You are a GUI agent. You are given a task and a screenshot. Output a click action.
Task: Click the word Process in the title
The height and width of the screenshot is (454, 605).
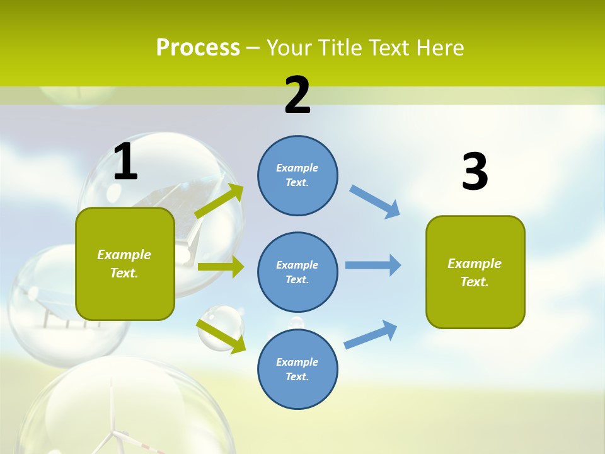click(198, 48)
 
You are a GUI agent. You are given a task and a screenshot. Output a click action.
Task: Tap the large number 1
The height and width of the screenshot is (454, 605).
click(125, 162)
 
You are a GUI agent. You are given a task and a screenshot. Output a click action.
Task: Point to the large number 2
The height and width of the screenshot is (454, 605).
click(297, 95)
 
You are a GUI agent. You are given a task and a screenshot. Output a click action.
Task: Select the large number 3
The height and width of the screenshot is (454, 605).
click(475, 172)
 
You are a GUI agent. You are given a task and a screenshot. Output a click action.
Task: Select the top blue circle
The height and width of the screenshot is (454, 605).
click(297, 175)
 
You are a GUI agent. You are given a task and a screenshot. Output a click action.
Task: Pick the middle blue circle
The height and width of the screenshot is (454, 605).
click(297, 272)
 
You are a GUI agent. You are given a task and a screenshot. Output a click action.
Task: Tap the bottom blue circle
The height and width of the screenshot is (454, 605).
click(297, 369)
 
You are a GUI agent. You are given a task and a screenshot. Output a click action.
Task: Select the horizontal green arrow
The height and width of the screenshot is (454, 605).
click(221, 267)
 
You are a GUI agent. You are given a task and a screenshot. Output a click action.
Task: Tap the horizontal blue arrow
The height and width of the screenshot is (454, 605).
click(373, 265)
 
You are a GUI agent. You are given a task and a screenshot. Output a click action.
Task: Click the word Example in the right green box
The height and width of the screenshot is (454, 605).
click(475, 264)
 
